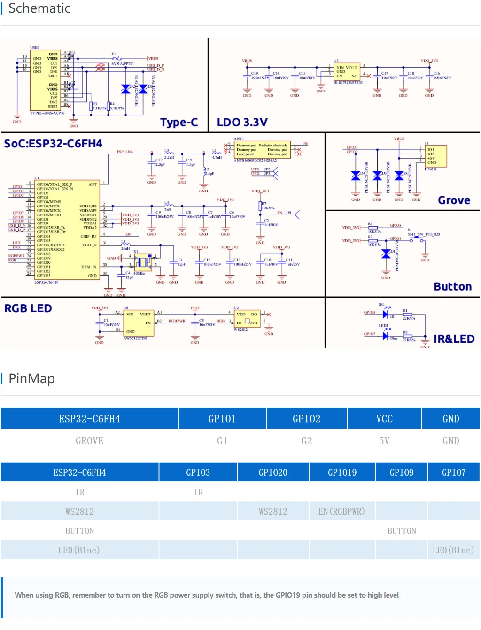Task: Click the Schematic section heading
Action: point(39,8)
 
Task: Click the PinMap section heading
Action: point(31,378)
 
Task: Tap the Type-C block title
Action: point(179,123)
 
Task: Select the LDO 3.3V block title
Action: point(242,123)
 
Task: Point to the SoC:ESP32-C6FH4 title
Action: point(53,144)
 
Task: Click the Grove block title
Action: point(454,200)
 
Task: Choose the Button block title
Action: point(452,287)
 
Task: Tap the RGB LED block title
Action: point(28,308)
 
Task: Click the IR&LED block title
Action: point(453,339)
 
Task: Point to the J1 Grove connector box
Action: point(435,156)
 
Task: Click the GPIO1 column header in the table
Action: point(222,419)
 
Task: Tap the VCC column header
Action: point(384,419)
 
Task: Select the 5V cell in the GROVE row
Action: point(384,441)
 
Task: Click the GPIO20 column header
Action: point(273,472)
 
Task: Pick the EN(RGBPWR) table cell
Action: point(341,511)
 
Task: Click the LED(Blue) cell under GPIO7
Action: point(453,550)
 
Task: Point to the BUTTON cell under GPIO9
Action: point(402,531)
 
